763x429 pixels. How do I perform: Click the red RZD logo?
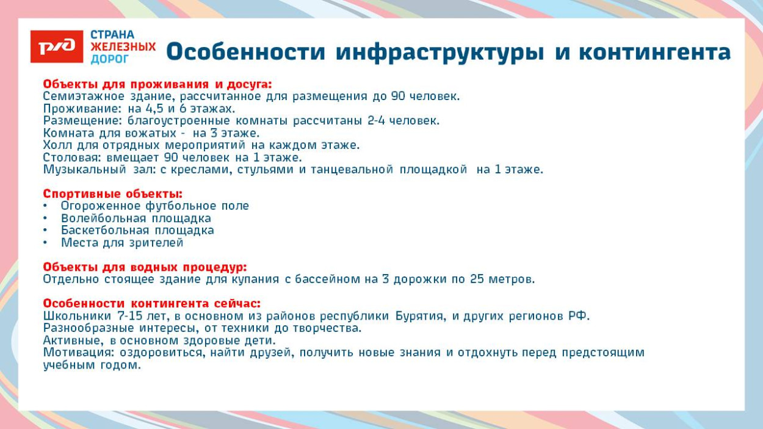(57, 46)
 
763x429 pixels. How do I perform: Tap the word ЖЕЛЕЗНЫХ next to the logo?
(123, 46)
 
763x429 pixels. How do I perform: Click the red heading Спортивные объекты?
(112, 194)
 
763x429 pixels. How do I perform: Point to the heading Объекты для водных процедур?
(145, 267)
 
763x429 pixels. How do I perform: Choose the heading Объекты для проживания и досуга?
(157, 84)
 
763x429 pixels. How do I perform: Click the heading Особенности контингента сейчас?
(151, 304)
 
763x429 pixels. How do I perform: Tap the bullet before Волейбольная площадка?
(46, 218)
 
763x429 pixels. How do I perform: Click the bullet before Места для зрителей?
(46, 243)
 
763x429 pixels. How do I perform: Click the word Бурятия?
(421, 316)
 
